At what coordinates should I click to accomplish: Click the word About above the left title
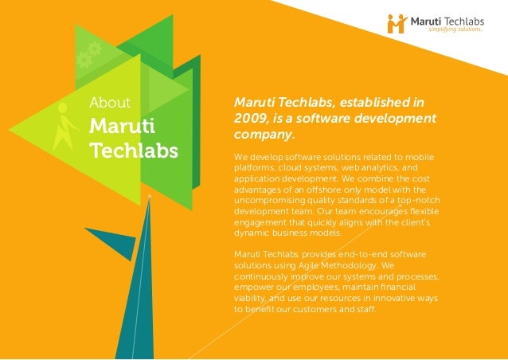[109, 102]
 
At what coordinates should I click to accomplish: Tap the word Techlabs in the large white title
[134, 150]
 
